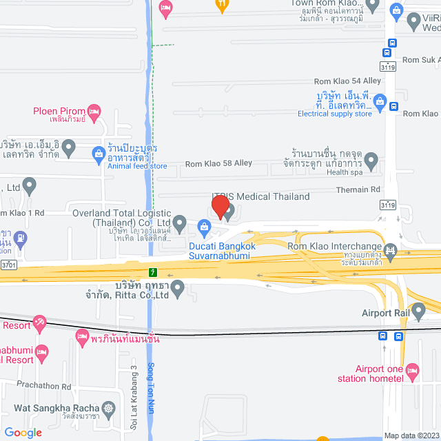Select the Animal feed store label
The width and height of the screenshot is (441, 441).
[137, 165]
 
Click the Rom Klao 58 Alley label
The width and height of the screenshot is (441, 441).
[218, 164]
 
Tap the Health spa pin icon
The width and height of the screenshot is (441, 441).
[371, 162]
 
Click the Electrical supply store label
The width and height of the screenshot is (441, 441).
[335, 114]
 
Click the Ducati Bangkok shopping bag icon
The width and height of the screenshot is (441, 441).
[204, 226]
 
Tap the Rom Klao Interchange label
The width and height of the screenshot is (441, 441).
[334, 247]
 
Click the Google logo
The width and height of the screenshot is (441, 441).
[23, 433]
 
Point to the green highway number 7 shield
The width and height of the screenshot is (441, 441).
[152, 269]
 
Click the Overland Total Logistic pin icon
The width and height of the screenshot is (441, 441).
[179, 222]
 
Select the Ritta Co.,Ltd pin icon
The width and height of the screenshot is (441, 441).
[178, 289]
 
